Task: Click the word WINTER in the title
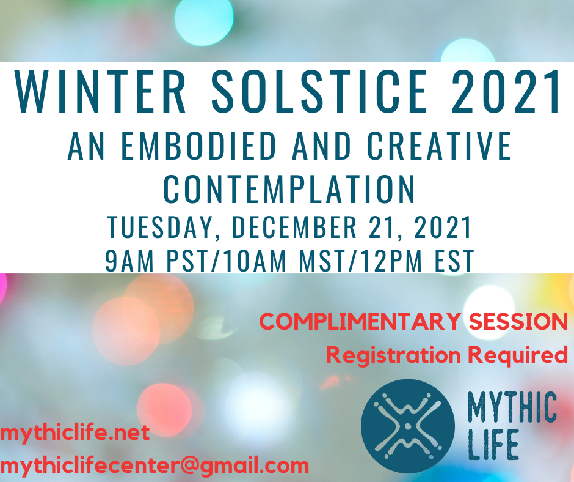100,91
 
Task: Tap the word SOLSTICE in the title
319,91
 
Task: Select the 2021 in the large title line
506,91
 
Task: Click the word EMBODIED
198,146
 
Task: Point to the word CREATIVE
439,146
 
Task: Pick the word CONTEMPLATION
289,189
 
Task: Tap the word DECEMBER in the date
294,227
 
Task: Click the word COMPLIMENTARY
360,322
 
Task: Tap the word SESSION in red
518,322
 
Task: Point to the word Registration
393,355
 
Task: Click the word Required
518,355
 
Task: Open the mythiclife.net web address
74,433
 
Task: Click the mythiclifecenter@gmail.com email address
154,466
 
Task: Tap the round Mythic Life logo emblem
408,426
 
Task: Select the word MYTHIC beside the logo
512,407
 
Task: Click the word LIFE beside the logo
493,445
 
